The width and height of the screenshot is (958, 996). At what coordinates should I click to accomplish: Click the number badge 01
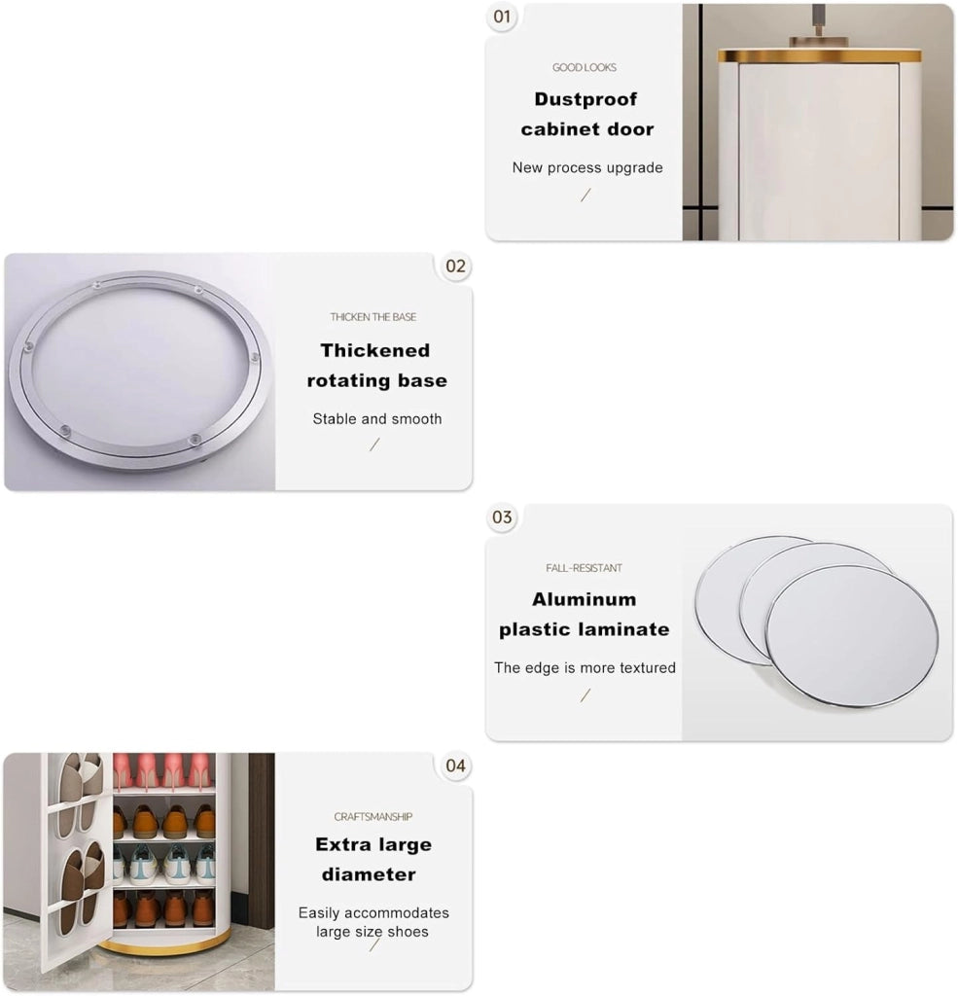502,17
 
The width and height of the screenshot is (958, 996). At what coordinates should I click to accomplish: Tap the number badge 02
455,267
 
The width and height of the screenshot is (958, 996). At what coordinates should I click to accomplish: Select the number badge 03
502,517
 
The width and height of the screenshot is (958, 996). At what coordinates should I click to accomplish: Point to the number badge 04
455,766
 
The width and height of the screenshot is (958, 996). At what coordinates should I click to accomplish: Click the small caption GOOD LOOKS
585,67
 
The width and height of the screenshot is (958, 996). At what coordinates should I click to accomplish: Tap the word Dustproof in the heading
585,99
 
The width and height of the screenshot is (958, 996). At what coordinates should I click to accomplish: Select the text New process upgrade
587,167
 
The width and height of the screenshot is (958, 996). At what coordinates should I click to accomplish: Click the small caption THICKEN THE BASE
373,317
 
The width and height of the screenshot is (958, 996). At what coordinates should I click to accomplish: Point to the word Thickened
375,350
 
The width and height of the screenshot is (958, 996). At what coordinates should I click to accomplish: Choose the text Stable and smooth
377,419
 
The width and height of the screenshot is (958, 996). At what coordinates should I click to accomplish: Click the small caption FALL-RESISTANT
584,568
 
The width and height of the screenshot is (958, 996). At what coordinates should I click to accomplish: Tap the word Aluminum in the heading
585,599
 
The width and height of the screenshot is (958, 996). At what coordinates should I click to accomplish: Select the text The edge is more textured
585,667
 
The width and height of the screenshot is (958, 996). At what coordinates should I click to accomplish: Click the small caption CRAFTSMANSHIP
373,817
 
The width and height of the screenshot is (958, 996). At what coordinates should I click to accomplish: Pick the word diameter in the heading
369,874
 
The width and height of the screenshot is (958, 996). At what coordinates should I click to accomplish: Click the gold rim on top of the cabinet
820,55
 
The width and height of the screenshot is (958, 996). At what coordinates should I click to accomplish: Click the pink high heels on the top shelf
164,770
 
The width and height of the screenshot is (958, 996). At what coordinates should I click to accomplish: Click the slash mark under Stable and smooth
374,445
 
